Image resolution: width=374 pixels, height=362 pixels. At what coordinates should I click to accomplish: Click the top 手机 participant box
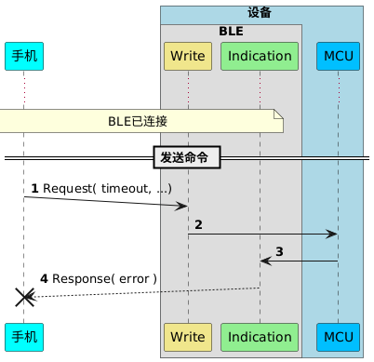24,56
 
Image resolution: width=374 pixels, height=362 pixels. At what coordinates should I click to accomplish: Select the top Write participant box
188,56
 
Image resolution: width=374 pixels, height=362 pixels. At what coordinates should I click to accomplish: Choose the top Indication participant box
260,56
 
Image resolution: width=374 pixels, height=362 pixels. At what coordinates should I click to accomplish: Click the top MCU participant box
339,56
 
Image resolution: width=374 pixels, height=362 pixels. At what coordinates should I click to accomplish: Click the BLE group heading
231,31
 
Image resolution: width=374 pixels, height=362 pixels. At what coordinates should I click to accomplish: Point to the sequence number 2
198,224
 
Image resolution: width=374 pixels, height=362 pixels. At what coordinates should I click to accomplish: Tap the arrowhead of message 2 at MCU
331,235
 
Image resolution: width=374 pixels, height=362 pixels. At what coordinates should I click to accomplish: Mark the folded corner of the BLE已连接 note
278,114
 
